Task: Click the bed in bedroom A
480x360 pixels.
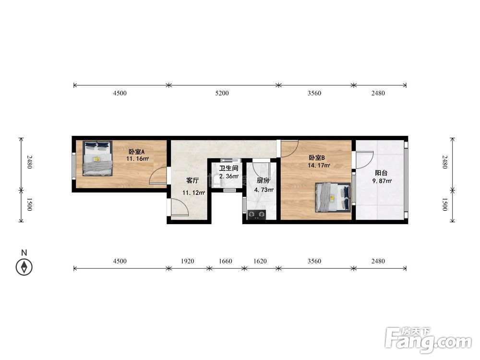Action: [x=97, y=158]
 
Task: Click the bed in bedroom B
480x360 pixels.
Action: [x=333, y=197]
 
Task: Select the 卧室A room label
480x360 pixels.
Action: [x=136, y=152]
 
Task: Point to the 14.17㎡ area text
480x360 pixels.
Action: [x=319, y=166]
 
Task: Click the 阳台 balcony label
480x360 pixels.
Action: [x=381, y=173]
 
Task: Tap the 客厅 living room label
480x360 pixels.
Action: [x=192, y=180]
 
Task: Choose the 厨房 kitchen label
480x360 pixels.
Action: [x=263, y=180]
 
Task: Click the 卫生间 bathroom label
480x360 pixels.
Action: [x=228, y=168]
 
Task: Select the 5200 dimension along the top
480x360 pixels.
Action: [x=222, y=93]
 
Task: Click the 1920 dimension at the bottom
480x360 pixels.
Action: [x=187, y=261]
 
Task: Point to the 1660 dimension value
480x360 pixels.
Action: [x=225, y=261]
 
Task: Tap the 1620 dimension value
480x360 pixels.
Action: [x=260, y=261]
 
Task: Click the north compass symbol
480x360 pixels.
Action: [x=24, y=267]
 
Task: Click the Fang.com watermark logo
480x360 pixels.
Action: [x=428, y=340]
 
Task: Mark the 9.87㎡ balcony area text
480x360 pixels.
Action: [x=382, y=181]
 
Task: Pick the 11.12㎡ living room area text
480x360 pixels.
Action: [x=193, y=193]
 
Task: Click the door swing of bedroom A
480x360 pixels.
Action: [x=158, y=176]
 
